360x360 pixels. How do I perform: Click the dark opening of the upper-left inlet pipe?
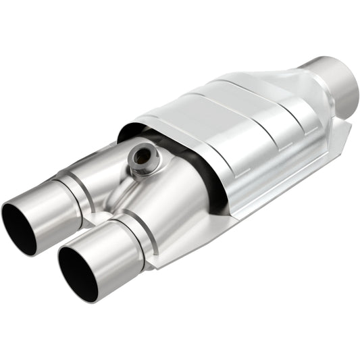[19, 230]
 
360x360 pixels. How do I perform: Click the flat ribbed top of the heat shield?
[223, 108]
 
